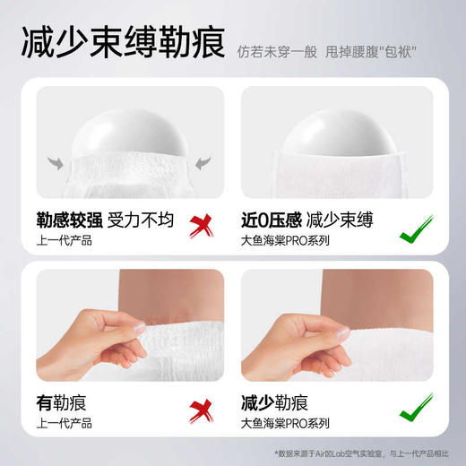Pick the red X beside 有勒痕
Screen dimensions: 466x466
pos(201,411)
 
